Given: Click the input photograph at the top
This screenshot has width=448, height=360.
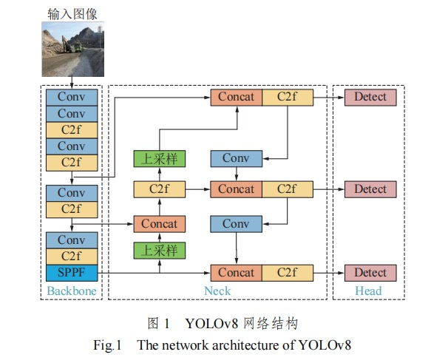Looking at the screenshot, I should point(71,48).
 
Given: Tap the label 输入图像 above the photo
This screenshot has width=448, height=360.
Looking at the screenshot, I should point(71,13).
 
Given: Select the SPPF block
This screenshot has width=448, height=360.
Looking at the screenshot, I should point(71,273).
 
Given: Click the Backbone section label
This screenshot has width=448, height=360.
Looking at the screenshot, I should point(71,291).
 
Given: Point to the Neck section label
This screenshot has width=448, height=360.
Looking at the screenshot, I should point(218,291).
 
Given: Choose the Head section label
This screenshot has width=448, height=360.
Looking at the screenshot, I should point(368,291).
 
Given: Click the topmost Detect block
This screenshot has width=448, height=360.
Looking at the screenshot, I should point(370,97).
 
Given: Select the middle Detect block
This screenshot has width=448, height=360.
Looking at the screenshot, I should point(370,189).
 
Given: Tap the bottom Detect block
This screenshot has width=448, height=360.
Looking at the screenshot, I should point(370,273).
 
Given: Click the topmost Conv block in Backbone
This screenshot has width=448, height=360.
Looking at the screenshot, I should point(71,97).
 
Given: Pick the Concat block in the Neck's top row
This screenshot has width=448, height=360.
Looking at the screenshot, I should point(237,97).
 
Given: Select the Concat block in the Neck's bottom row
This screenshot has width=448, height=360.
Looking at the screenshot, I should point(237,273).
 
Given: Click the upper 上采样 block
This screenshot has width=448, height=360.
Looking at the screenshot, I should point(160,158).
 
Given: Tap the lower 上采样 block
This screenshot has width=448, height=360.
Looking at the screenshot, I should point(160,250).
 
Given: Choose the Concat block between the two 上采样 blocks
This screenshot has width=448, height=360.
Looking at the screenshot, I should point(160,224).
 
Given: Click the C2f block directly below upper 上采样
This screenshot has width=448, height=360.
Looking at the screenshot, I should point(160,189).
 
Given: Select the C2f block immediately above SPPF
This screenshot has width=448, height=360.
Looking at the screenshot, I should point(71,257).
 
